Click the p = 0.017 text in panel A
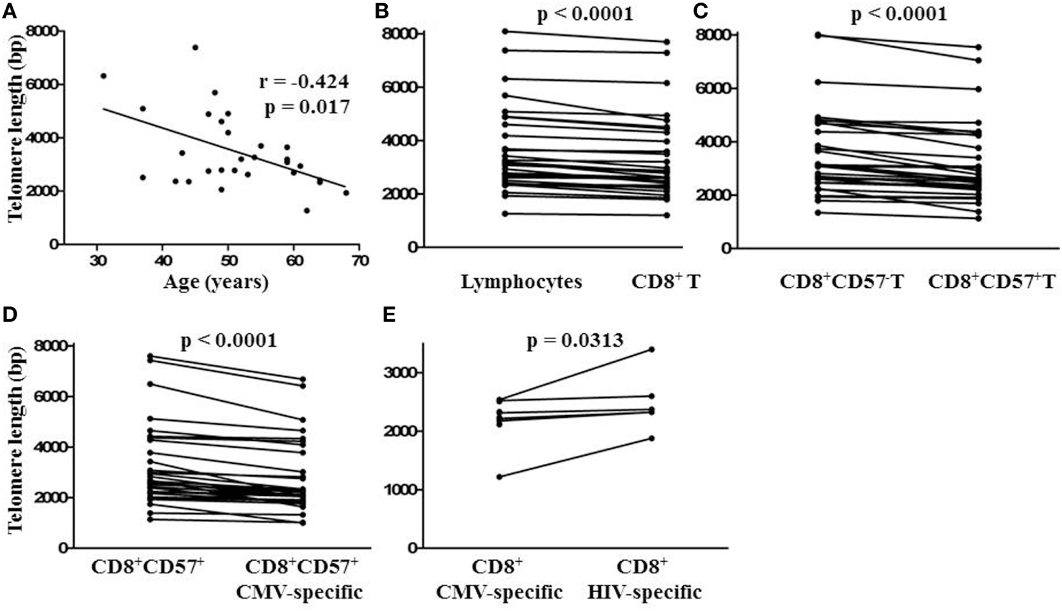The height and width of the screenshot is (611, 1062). (307, 107)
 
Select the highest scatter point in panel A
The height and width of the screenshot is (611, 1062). (195, 47)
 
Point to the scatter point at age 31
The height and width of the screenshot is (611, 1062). (104, 75)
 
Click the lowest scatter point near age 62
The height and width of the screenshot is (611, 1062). (307, 210)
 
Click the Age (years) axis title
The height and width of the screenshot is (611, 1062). (215, 282)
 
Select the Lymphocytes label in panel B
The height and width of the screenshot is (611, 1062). (521, 282)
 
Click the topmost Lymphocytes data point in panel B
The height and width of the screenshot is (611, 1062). (505, 31)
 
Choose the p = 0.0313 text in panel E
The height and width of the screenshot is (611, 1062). (575, 342)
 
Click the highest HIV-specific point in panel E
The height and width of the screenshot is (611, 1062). (652, 349)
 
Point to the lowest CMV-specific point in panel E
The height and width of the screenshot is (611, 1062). (499, 477)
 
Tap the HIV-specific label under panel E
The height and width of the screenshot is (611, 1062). (644, 592)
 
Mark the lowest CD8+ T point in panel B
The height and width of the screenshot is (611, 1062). (667, 216)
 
